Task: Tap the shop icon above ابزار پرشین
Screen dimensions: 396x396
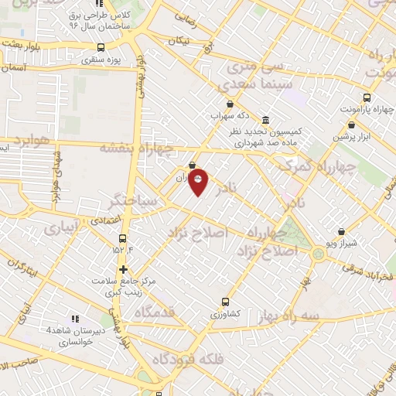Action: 351,125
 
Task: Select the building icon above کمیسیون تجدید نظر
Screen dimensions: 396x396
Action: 266,121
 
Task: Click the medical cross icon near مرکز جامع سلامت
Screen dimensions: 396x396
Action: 123,269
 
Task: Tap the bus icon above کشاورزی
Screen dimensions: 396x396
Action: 225,302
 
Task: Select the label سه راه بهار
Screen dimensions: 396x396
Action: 310,316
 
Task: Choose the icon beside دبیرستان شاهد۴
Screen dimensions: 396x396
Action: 76,318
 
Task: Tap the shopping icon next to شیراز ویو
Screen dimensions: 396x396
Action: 342,231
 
